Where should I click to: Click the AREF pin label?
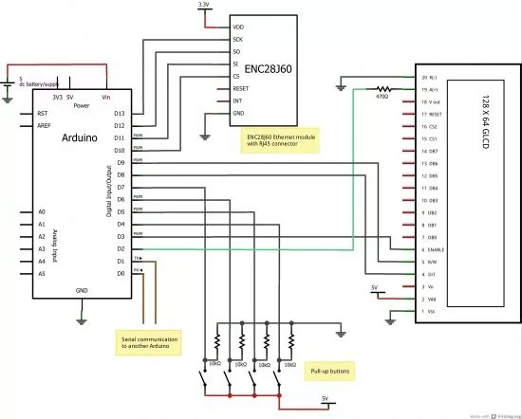pos(43,125)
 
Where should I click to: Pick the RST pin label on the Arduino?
pos(42,114)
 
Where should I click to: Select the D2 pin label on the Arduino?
pos(120,248)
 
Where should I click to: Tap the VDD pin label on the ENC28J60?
pos(238,27)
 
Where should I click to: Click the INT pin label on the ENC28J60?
pos(237,101)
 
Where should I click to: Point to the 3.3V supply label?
pos(204,6)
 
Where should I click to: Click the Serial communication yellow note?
pos(150,341)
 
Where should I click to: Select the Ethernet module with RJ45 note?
pos(281,141)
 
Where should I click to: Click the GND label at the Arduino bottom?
pos(82,289)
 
